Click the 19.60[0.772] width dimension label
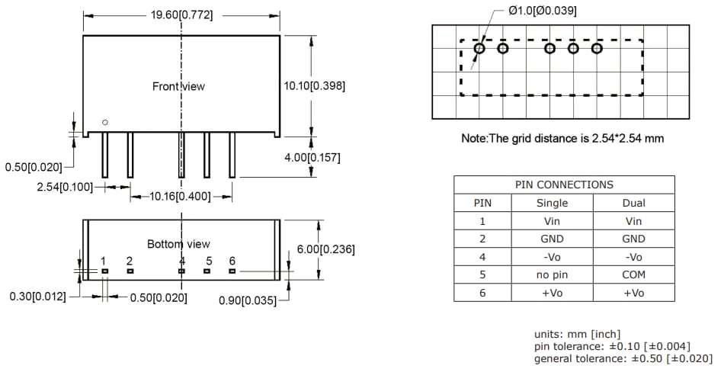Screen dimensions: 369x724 click(181, 14)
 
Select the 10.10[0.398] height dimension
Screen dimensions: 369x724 click(314, 86)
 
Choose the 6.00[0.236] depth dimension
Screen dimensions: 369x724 click(325, 249)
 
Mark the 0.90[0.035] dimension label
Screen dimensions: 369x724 click(248, 300)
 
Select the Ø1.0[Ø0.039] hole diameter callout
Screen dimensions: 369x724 click(542, 11)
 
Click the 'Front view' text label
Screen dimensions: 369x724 click(178, 86)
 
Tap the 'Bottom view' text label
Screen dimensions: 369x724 click(178, 244)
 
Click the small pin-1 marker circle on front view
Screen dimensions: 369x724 click(105, 122)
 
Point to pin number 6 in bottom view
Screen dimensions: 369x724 click(232, 261)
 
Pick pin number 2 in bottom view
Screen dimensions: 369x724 click(130, 261)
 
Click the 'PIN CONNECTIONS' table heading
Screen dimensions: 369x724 click(564, 184)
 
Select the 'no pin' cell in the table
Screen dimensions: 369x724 click(553, 274)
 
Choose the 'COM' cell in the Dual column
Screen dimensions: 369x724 click(633, 274)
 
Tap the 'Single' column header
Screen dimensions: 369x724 click(553, 203)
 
